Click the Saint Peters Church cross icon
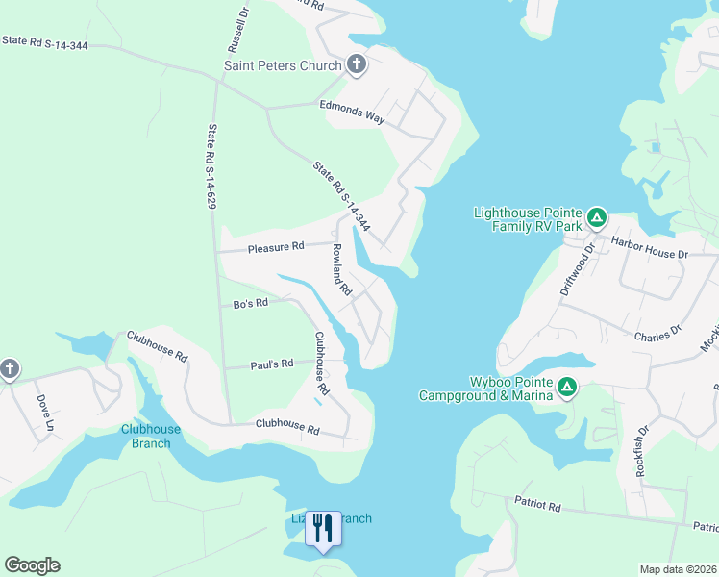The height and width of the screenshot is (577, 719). (357, 65)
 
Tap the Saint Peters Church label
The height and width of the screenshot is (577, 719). (283, 66)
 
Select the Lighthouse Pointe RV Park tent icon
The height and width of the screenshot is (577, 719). (596, 217)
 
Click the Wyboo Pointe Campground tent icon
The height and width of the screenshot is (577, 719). (567, 388)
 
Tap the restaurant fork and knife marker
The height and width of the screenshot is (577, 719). (323, 529)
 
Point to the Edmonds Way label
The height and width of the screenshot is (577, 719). (353, 117)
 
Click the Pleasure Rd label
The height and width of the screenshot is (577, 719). (276, 247)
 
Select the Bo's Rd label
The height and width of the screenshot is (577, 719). (249, 304)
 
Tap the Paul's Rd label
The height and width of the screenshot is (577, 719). (272, 364)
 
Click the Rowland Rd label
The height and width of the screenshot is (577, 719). (341, 268)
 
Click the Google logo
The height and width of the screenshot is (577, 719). (32, 565)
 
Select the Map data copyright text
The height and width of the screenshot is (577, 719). (677, 569)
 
